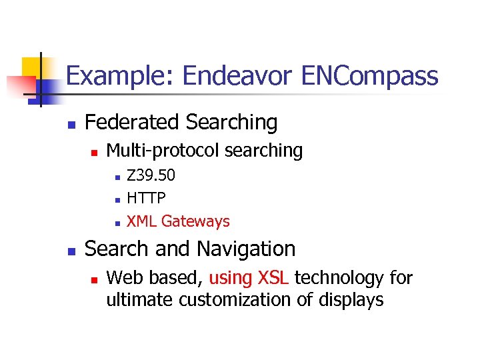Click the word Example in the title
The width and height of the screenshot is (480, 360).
coord(118,76)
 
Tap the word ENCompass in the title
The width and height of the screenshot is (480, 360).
coord(370,76)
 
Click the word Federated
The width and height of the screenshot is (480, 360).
coord(133,122)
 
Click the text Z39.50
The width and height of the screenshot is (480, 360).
coord(151,175)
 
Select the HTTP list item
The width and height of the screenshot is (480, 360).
coord(147,198)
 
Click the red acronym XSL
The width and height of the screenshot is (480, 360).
coord(272,277)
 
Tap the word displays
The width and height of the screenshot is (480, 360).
coord(351,301)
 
